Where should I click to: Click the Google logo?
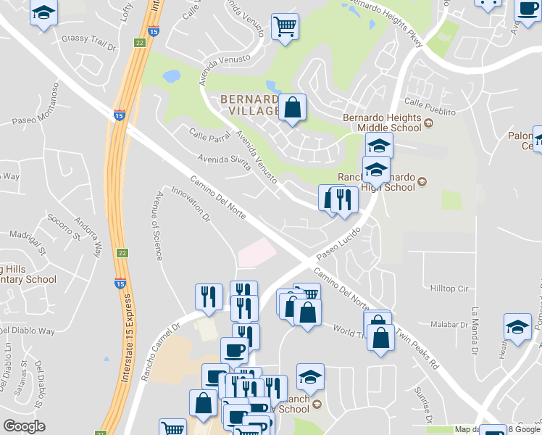tap(25, 427)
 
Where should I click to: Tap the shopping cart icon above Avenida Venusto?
tap(285, 27)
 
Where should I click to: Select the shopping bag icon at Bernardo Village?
tap(292, 108)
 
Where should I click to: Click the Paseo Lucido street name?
tap(338, 249)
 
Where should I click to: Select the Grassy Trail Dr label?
tap(89, 38)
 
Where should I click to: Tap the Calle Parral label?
tap(209, 134)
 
